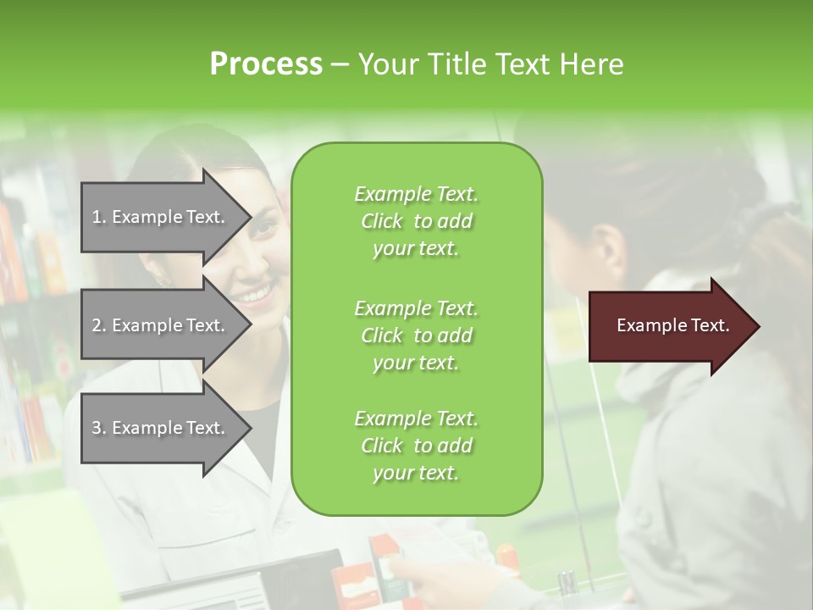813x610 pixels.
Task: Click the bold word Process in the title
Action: pyautogui.click(x=266, y=64)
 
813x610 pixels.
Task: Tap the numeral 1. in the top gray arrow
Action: pyautogui.click(x=99, y=217)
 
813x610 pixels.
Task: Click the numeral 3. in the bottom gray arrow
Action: pyautogui.click(x=99, y=428)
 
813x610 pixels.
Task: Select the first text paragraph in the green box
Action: pyautogui.click(x=416, y=221)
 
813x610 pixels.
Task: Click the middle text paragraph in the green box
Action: pyautogui.click(x=416, y=335)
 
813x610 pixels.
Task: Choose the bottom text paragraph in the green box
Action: pyautogui.click(x=416, y=446)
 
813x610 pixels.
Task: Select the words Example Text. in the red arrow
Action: pyautogui.click(x=673, y=325)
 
